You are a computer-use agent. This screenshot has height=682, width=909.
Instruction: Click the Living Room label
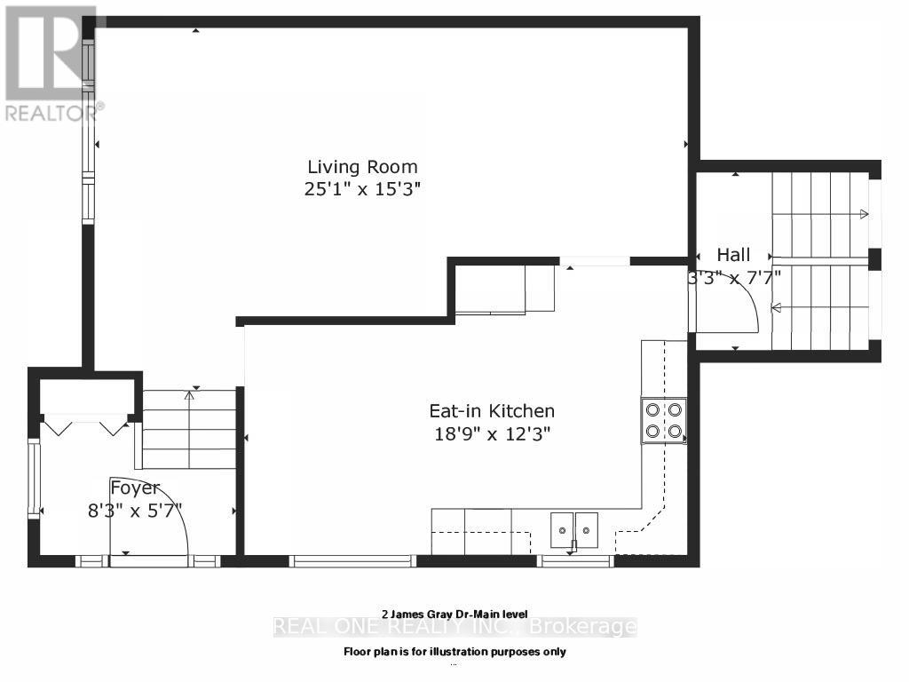click(362, 166)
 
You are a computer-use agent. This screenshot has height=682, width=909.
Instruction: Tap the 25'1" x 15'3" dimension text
click(362, 189)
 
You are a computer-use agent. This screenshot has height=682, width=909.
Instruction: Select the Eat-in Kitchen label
click(492, 411)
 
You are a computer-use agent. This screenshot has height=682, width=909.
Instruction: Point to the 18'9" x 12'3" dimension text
click(492, 434)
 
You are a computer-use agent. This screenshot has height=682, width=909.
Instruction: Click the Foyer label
click(135, 488)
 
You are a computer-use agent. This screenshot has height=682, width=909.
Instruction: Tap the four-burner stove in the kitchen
click(664, 421)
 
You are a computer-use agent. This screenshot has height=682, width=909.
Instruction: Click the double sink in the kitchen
click(573, 531)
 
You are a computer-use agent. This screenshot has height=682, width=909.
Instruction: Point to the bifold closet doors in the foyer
click(86, 427)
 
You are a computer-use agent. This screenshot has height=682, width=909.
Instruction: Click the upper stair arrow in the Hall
click(821, 214)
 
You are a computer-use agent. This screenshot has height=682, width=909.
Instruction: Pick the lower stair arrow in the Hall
click(821, 308)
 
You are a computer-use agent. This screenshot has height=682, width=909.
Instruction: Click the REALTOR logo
click(52, 63)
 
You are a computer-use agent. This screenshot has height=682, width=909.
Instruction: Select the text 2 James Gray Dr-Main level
click(454, 614)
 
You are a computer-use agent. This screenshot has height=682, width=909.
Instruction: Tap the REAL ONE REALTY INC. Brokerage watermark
click(454, 628)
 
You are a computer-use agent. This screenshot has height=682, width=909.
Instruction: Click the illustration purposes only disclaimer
click(454, 652)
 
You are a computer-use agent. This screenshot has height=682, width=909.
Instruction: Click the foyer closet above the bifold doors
click(86, 395)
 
